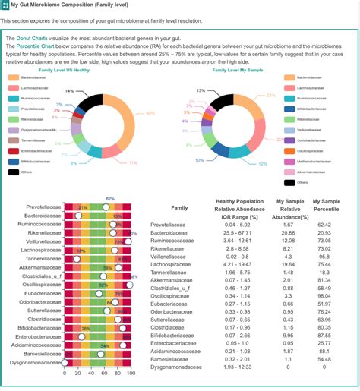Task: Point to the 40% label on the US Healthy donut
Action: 150,113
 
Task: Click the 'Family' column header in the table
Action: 179,207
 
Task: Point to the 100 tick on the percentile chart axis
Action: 131,374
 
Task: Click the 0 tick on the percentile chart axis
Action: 65,374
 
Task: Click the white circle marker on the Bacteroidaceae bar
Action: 77,216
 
